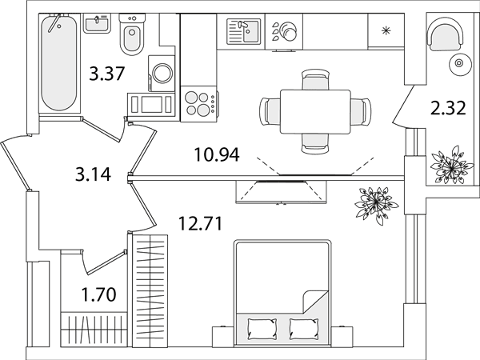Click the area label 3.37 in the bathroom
pos(107,74)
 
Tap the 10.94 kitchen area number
pos(217,154)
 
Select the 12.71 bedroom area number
pos(200,223)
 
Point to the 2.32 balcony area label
pos(448,108)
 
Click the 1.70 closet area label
pos(98,294)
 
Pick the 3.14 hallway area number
pos(93,174)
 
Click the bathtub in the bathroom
pos(59,62)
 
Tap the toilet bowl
pos(132,34)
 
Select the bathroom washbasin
pos(97,23)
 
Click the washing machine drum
pos(162,73)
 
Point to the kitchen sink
pos(244,31)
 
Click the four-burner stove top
pos(199,104)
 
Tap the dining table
pos(315,111)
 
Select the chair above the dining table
pos(315,79)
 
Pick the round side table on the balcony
pos(459,63)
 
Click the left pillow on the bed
pos(262,329)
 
